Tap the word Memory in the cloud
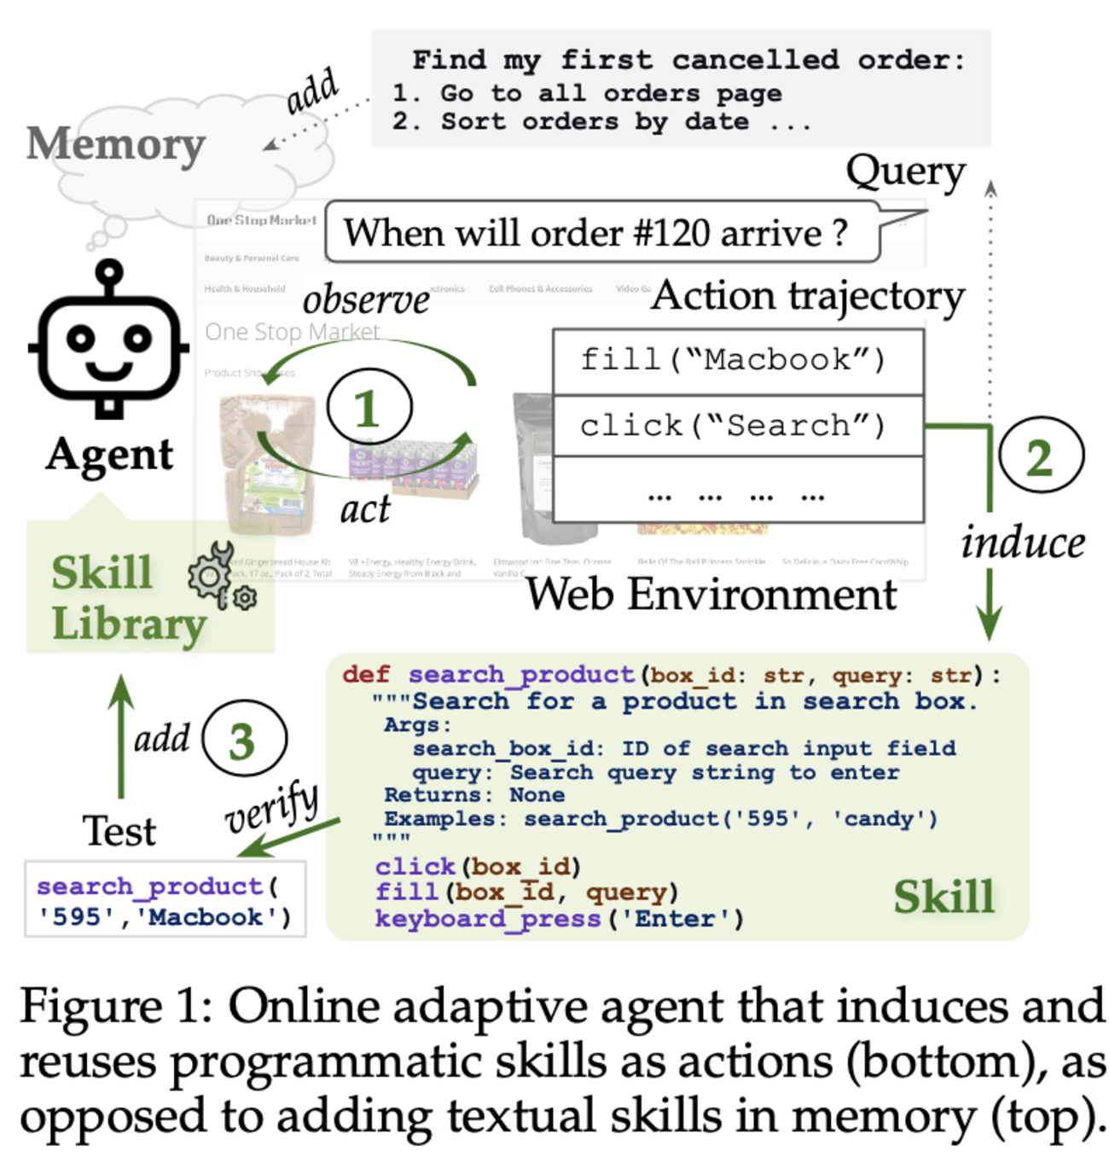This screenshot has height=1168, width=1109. [116, 143]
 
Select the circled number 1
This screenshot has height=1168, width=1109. [369, 408]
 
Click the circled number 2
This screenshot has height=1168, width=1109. [1040, 456]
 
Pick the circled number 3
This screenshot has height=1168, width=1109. [244, 739]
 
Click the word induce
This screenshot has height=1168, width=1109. [1022, 543]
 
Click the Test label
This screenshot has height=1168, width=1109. [119, 830]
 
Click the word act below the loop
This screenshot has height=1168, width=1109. [364, 509]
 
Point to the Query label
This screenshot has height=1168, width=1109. [905, 172]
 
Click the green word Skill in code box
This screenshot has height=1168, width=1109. [944, 897]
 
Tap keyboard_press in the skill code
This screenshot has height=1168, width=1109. [487, 919]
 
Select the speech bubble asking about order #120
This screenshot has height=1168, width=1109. [601, 232]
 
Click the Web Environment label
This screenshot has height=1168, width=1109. [711, 594]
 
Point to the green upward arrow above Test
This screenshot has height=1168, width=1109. [121, 734]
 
